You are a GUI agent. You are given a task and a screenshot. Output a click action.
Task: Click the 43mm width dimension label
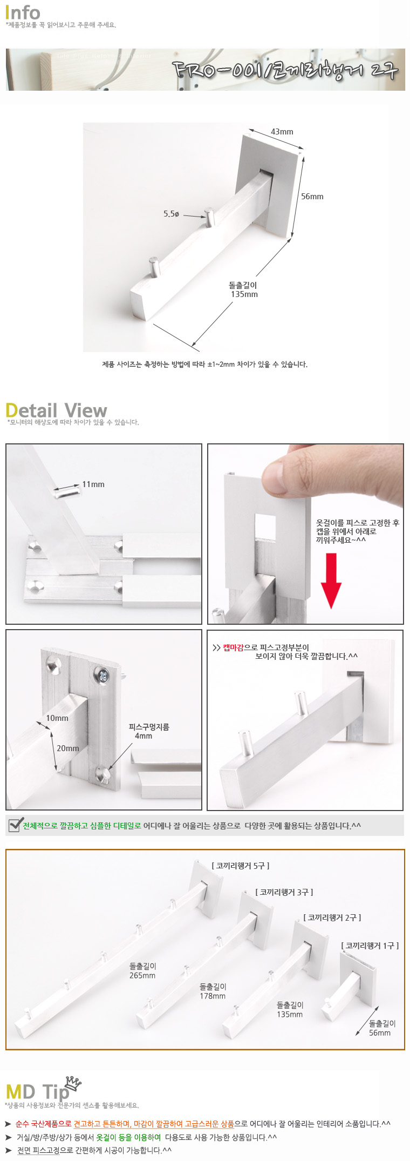(x=282, y=132)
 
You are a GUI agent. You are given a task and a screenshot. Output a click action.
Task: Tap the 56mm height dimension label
(x=312, y=197)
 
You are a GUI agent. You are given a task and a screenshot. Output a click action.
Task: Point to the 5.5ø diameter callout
(x=171, y=214)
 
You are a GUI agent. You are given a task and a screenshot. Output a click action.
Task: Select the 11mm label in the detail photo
(x=93, y=484)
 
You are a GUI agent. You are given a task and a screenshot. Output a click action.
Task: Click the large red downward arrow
(x=331, y=580)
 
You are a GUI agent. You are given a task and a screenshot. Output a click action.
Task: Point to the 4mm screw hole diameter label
(x=143, y=736)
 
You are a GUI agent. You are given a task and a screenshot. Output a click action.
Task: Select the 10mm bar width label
(x=57, y=718)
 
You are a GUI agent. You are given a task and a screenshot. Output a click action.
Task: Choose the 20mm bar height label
(x=68, y=748)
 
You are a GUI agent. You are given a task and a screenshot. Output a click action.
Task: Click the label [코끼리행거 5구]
(x=241, y=866)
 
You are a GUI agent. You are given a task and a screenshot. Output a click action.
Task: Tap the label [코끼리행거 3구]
(x=284, y=892)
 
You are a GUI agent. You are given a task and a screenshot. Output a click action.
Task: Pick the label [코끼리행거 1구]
(x=370, y=946)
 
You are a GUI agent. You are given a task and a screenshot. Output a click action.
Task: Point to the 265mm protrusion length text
(x=142, y=976)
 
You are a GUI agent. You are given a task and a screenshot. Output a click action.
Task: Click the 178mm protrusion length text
(x=213, y=996)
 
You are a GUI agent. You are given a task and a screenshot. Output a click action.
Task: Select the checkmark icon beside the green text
(x=15, y=825)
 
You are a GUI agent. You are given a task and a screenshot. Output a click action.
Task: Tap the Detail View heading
(x=56, y=410)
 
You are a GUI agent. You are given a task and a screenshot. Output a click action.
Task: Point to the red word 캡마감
(x=233, y=647)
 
